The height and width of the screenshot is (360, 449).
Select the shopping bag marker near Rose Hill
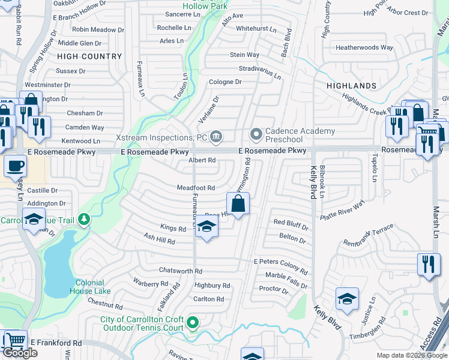[238, 204]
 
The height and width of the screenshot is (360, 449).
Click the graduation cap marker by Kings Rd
[206, 227]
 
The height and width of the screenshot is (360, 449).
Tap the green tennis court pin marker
[192, 323]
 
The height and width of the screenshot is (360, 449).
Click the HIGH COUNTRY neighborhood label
[89, 56]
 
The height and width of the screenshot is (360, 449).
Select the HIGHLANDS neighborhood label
[351, 86]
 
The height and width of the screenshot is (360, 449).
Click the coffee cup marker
[15, 166]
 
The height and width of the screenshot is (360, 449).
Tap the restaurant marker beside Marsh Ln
[428, 265]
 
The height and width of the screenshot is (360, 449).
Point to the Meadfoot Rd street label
[196, 188]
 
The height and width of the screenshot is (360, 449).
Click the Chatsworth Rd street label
[181, 271]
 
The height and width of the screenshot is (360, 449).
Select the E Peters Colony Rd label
[280, 262]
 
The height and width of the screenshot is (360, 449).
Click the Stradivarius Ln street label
[260, 73]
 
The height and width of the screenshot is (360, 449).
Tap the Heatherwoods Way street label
[364, 47]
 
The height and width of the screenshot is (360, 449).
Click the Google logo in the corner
[20, 353]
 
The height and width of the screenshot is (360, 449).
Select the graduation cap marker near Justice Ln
[347, 299]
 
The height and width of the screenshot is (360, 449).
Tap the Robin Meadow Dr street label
[98, 29]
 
